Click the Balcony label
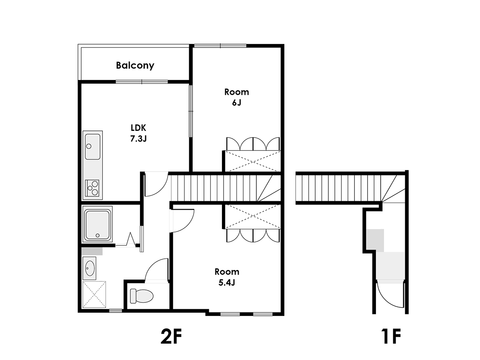pyautogui.click(x=135, y=65)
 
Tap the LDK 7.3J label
pyautogui.click(x=138, y=133)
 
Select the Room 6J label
pyautogui.click(x=237, y=97)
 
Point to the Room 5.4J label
pyautogui.click(x=227, y=277)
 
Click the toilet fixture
pyautogui.click(x=142, y=296)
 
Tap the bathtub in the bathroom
pyautogui.click(x=97, y=224)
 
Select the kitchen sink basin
pyautogui.click(x=93, y=147)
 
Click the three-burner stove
pyautogui.click(x=92, y=188)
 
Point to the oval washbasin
pyautogui.click(x=90, y=268)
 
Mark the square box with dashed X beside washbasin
pyautogui.click(x=94, y=294)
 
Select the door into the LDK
pyautogui.click(x=156, y=184)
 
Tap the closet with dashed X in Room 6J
pyautogui.click(x=253, y=161)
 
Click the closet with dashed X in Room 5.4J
pyautogui.click(x=253, y=216)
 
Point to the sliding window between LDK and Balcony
pyautogui.click(x=142, y=82)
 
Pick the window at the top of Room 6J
pyautogui.click(x=220, y=46)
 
